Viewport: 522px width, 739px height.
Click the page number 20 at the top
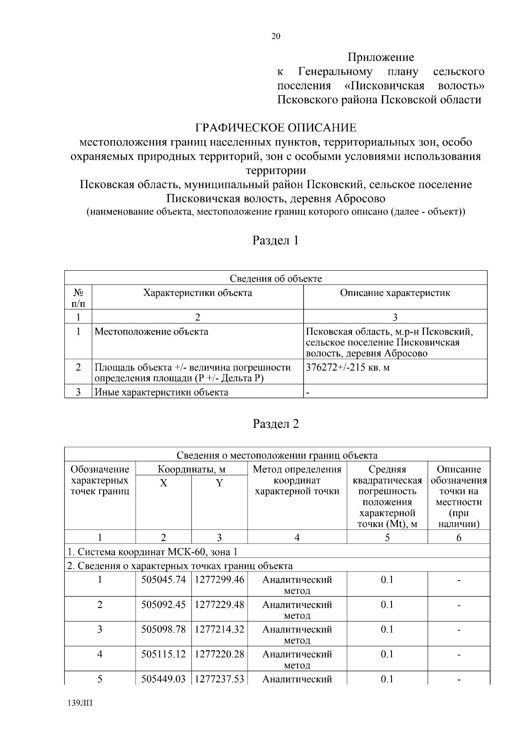click(276, 37)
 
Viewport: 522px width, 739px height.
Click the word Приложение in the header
click(381, 57)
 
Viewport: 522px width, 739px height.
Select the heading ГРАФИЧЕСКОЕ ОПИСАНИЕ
click(276, 128)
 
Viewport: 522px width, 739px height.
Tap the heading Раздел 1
click(276, 240)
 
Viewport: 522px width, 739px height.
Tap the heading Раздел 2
click(276, 423)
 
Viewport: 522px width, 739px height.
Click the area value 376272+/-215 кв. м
click(348, 367)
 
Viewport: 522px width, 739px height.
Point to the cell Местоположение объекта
click(151, 332)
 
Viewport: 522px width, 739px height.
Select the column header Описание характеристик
click(395, 293)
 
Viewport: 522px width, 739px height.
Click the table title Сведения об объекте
click(276, 279)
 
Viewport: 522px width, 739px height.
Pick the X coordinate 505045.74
click(164, 580)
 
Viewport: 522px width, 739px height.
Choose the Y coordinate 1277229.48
click(219, 605)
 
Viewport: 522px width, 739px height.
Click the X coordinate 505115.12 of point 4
click(164, 654)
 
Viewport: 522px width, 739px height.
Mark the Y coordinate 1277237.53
click(219, 679)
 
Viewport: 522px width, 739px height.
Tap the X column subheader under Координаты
click(164, 483)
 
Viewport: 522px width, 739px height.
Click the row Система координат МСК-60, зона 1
click(152, 552)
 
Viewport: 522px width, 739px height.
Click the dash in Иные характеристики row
click(308, 393)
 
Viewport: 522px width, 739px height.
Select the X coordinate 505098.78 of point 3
click(164, 629)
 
